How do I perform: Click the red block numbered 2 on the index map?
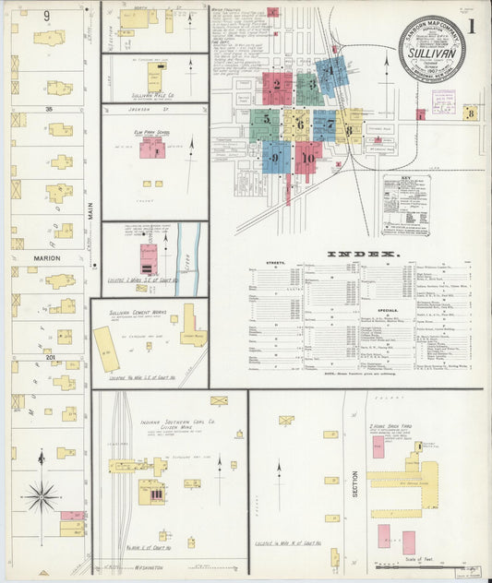tap(276, 89)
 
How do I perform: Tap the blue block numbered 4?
tap(330, 72)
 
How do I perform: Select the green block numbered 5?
tap(265, 121)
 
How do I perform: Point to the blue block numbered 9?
tap(275, 157)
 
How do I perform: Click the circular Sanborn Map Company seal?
tap(432, 48)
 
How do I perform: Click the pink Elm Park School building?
tap(152, 149)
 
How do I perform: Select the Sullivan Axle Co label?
tap(128, 95)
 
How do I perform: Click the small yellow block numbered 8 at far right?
tap(470, 113)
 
